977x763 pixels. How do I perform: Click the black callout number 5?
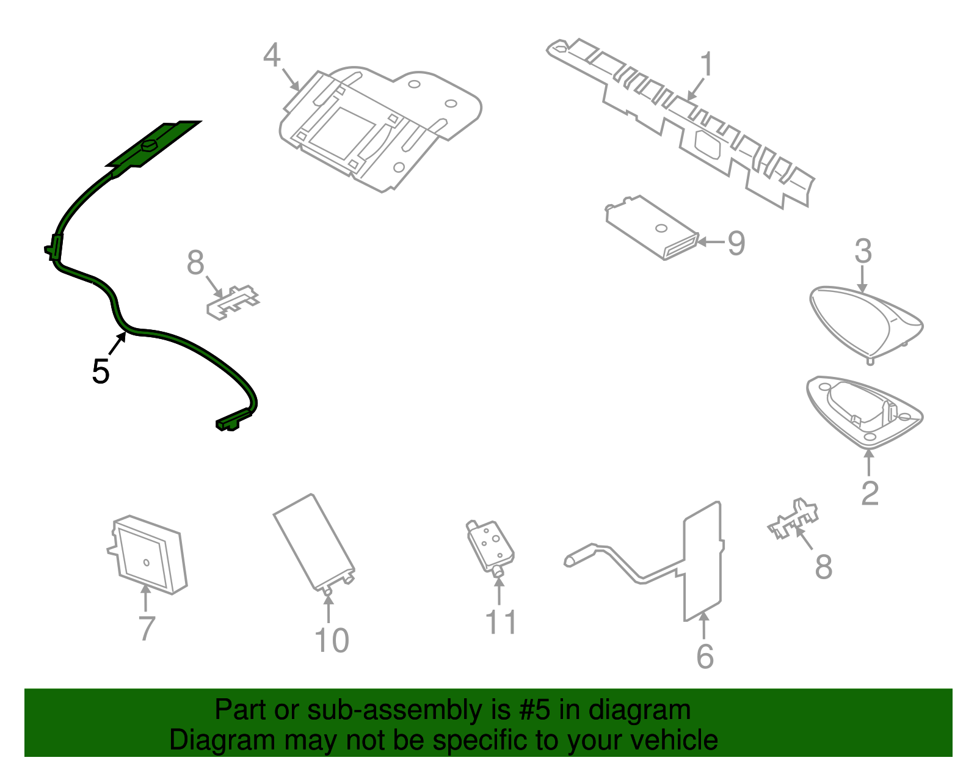(x=101, y=371)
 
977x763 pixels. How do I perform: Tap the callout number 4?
(x=272, y=55)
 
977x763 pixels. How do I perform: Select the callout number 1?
(x=706, y=64)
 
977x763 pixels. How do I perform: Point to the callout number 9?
(x=736, y=243)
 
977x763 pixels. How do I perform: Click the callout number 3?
(x=863, y=251)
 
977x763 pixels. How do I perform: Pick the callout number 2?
(x=870, y=493)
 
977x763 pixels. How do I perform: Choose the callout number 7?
(x=147, y=628)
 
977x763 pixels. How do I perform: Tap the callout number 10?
(x=332, y=641)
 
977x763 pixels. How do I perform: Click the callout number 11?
(x=501, y=622)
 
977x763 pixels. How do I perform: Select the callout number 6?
(x=705, y=657)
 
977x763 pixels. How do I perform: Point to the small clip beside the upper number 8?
(x=233, y=301)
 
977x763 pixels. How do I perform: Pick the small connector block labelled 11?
(x=490, y=547)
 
